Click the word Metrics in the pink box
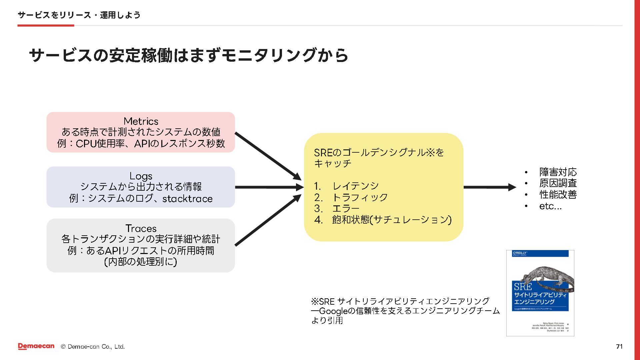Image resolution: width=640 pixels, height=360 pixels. pyautogui.click(x=141, y=121)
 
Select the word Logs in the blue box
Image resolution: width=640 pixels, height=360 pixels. pyautogui.click(x=141, y=176)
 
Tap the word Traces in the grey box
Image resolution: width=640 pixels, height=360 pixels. pyautogui.click(x=141, y=228)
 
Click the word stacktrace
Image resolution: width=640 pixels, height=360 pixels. pyautogui.click(x=187, y=199)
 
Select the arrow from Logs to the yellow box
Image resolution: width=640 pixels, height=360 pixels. pyautogui.click(x=269, y=187)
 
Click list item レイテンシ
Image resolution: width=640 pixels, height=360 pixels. pyautogui.click(x=355, y=186)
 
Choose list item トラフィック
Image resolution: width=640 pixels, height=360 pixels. pyautogui.click(x=360, y=197)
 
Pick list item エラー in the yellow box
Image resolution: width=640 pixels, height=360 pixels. pyautogui.click(x=346, y=209)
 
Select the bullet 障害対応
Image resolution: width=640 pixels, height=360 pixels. pyautogui.click(x=558, y=172)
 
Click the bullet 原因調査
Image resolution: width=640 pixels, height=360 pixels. pyautogui.click(x=558, y=183)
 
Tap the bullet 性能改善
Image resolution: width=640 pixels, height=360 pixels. pyautogui.click(x=558, y=195)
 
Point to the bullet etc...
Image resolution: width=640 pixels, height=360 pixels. pyautogui.click(x=550, y=206)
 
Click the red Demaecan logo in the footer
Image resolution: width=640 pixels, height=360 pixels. pyautogui.click(x=36, y=346)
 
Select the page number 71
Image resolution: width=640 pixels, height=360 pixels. pyautogui.click(x=619, y=346)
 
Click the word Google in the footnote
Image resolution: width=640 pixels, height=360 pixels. pyautogui.click(x=333, y=311)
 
